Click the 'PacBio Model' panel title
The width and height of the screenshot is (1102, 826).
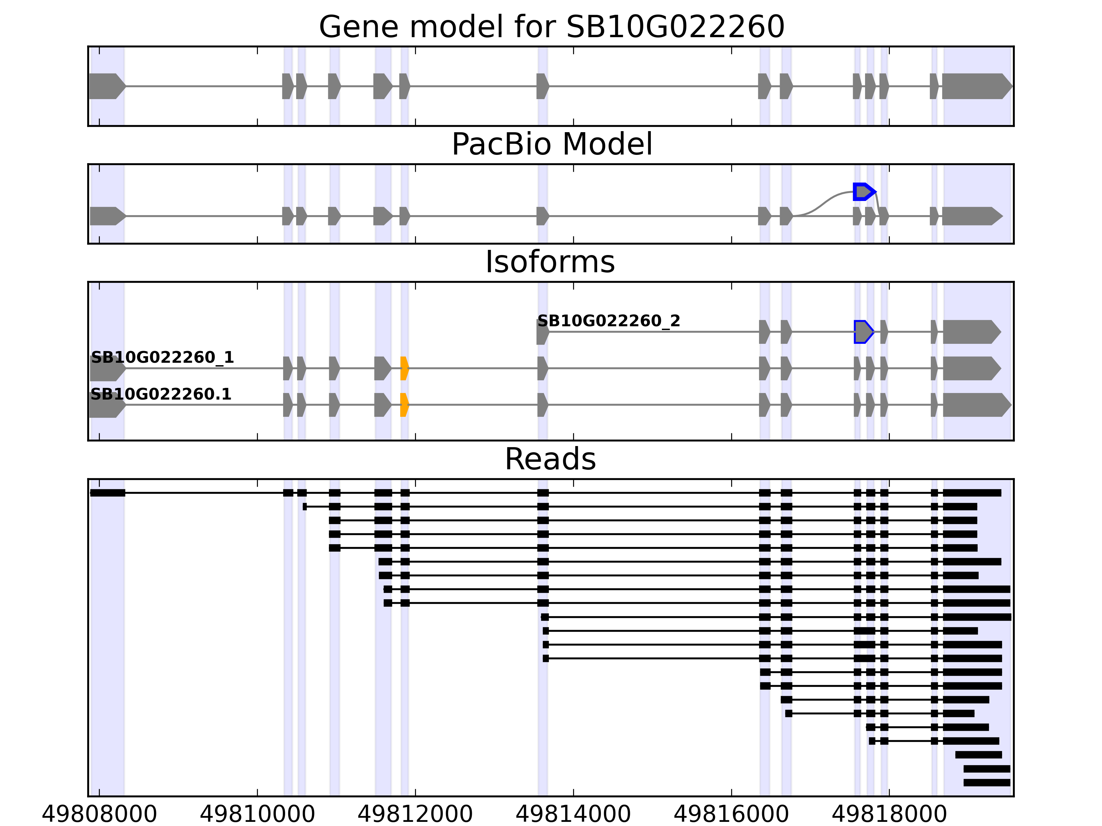point(551,145)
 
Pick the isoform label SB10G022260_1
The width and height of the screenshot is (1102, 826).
point(163,358)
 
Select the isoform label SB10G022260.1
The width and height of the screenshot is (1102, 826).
point(161,394)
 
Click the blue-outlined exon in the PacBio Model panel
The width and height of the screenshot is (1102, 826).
point(863,192)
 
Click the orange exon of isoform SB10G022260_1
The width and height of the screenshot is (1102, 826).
point(404,369)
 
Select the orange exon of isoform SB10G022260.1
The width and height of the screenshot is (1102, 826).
point(404,405)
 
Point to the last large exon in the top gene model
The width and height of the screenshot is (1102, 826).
point(976,86)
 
